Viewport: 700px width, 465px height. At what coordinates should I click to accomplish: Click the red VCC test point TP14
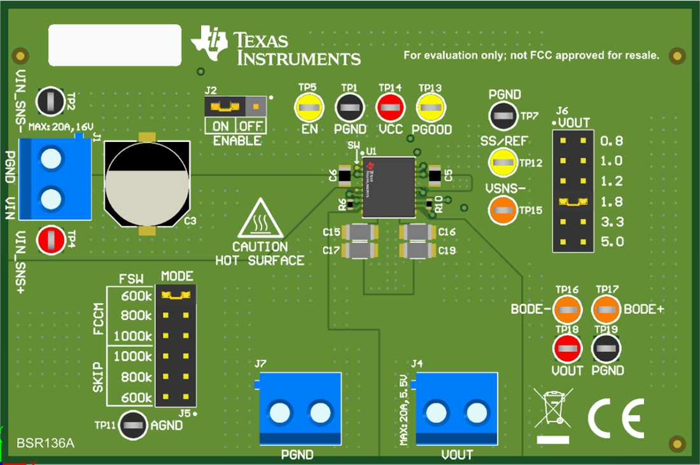click(390, 109)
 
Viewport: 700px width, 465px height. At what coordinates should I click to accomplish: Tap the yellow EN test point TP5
click(309, 109)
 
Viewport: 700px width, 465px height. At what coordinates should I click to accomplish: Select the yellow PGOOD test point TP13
click(431, 109)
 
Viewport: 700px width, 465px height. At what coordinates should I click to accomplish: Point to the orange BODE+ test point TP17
click(607, 310)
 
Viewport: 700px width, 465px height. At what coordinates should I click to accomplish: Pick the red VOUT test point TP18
click(567, 349)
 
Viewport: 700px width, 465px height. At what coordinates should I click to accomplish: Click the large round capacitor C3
click(147, 186)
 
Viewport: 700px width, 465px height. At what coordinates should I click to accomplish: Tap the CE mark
click(615, 418)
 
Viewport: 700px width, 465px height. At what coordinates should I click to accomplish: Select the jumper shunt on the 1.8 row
click(573, 202)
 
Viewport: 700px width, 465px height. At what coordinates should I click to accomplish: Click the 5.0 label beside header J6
click(611, 242)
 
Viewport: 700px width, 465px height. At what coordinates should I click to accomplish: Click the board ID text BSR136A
click(45, 443)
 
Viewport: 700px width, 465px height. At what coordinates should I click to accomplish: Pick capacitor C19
click(417, 251)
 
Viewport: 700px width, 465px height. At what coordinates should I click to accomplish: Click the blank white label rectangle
click(115, 45)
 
